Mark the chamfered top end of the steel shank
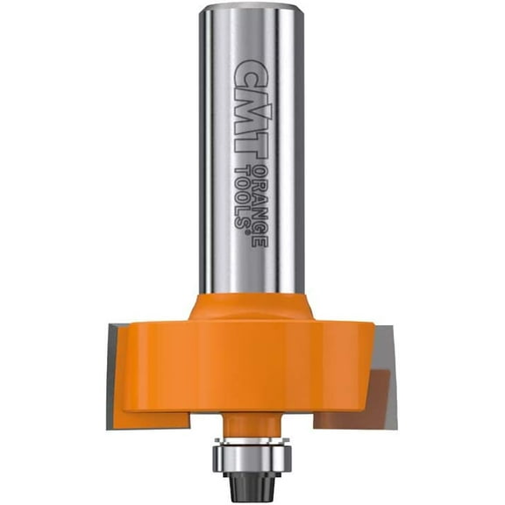click(252, 10)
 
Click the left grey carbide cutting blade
click(117, 368)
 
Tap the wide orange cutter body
click(252, 368)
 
